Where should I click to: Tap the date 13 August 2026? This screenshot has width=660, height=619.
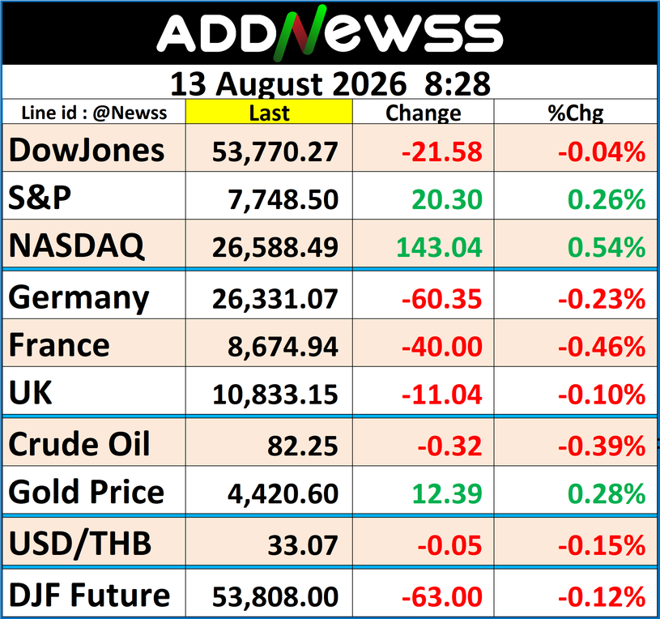tap(288, 83)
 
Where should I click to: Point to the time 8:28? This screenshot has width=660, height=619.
tap(457, 83)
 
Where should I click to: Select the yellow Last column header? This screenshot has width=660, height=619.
tap(269, 112)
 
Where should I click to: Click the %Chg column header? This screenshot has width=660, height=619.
tap(576, 113)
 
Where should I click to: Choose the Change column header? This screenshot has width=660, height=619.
tap(423, 113)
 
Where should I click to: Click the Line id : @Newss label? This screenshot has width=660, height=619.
tap(94, 113)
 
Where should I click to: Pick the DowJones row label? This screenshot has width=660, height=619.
tap(87, 151)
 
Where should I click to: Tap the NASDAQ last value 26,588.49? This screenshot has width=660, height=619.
tap(275, 247)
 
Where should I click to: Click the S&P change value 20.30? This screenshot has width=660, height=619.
tap(446, 199)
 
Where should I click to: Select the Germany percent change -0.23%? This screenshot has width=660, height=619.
tap(602, 299)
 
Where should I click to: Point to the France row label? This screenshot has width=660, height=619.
tap(59, 345)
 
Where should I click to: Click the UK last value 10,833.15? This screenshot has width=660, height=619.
tap(275, 395)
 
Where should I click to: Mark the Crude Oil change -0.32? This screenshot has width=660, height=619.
tap(449, 446)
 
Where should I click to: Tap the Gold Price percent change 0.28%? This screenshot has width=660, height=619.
tap(606, 494)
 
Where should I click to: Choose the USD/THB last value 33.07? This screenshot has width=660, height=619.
tap(303, 545)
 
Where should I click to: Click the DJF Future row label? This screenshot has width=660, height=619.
tap(89, 596)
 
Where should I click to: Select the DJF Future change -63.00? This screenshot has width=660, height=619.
tap(441, 596)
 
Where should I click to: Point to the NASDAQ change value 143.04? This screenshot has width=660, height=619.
tap(439, 247)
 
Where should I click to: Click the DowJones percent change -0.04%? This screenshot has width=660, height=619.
tap(602, 152)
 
